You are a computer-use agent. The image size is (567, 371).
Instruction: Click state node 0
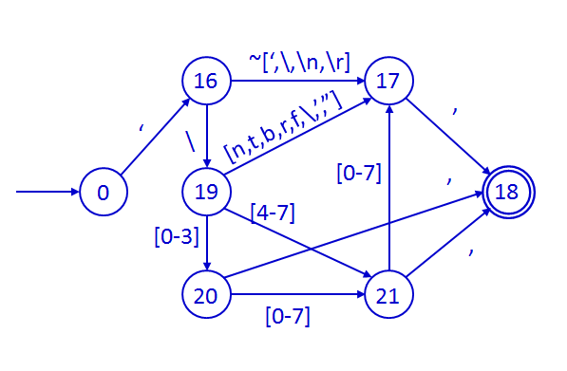(x=103, y=193)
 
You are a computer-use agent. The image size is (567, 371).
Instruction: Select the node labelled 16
(x=205, y=82)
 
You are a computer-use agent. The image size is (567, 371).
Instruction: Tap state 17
(x=387, y=82)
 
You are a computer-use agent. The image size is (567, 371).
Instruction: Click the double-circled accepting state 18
(x=508, y=193)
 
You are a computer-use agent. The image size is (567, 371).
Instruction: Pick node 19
(x=205, y=193)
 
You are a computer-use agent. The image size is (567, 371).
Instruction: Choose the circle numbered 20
(x=205, y=296)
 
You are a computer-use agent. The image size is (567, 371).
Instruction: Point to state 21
(x=387, y=296)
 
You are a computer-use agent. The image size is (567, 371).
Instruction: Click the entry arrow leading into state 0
(x=47, y=193)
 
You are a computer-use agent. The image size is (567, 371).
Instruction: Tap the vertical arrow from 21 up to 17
(x=387, y=190)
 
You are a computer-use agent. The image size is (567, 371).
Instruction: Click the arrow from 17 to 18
(x=446, y=136)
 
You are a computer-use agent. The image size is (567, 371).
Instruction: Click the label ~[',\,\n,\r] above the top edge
(x=300, y=61)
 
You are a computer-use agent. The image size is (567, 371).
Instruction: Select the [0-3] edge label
(x=171, y=233)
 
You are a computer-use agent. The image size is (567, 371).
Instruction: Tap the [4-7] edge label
(x=272, y=213)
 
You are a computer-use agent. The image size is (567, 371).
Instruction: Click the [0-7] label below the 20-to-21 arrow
(x=287, y=317)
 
